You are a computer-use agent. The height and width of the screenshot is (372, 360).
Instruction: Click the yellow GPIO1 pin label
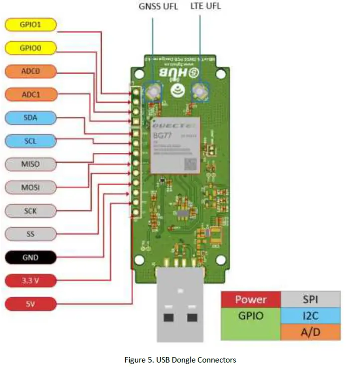point(30,24)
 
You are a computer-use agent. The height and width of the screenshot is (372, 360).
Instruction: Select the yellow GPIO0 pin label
point(30,48)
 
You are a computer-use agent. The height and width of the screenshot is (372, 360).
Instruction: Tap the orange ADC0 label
point(30,71)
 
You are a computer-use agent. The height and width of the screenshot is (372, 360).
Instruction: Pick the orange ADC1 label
point(30,94)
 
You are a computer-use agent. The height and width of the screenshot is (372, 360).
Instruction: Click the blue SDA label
point(30,118)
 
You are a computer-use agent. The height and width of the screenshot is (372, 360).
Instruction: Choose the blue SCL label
point(30,141)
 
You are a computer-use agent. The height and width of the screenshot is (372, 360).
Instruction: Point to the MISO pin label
point(30,164)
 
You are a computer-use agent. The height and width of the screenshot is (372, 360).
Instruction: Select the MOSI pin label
point(30,187)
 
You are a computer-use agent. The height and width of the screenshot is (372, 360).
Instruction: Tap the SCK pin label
point(30,211)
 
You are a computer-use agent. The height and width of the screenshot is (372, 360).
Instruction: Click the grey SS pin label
point(30,234)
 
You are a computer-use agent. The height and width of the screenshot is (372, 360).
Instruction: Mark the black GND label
point(30,257)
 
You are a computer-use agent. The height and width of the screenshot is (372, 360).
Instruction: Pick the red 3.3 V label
point(30,280)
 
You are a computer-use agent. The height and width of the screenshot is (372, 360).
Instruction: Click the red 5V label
point(30,303)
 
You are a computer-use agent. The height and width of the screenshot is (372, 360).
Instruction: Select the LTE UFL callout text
point(205,6)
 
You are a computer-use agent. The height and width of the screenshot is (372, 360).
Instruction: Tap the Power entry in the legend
point(250,300)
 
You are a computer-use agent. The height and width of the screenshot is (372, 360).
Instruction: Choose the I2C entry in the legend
point(310,316)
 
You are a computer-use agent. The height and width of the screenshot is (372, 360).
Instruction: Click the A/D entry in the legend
point(310,332)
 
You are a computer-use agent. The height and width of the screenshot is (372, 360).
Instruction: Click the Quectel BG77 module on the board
point(175,145)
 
